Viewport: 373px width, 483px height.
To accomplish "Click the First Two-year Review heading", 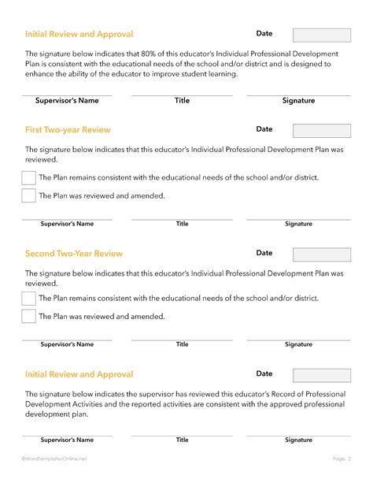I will (68, 130).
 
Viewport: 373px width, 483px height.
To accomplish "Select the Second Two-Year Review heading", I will (74, 254).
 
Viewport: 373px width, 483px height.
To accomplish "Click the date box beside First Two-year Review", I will (322, 131).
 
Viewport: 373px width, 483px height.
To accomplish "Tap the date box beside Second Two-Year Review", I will (322, 255).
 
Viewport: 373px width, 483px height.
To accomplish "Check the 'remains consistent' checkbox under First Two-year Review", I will (29, 177).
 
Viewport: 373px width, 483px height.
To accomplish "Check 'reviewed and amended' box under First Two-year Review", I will (29, 195).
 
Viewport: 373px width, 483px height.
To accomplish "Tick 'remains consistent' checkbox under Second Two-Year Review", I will (29, 299).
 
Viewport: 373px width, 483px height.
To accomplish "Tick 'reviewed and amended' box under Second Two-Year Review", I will (29, 317).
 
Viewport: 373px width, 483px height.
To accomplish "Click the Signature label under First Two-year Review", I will (298, 224).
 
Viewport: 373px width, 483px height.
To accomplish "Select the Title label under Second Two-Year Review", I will (182, 344).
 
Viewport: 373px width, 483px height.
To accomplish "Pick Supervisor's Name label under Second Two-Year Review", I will (67, 344).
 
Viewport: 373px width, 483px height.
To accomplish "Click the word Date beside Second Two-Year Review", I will (264, 253).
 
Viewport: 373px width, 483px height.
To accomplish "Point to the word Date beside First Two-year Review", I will (264, 128).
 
